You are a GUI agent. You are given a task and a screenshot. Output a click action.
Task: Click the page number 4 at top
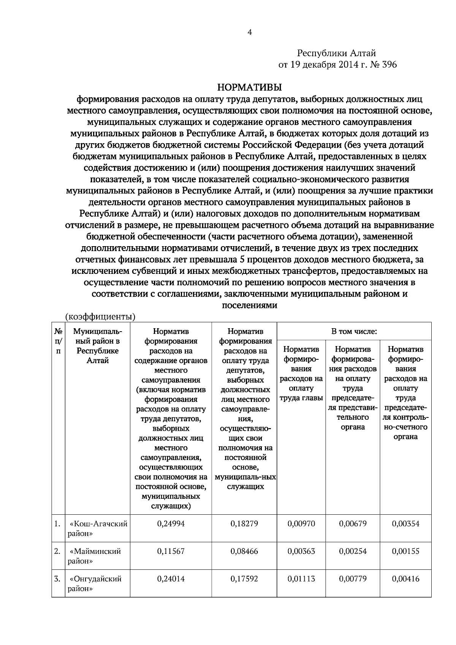(x=249, y=32)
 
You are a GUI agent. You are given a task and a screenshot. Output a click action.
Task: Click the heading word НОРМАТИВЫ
(x=249, y=88)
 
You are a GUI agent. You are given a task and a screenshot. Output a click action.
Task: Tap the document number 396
(x=388, y=65)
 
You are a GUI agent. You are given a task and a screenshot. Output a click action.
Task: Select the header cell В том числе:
(x=354, y=331)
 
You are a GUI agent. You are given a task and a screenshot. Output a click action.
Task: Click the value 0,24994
(x=171, y=523)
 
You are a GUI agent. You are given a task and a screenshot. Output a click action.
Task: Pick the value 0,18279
(x=244, y=523)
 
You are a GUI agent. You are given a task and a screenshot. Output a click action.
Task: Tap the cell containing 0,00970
(x=301, y=523)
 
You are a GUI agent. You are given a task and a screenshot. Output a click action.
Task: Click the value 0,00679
(x=353, y=523)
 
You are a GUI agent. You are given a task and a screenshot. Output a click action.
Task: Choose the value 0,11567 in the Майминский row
(x=171, y=551)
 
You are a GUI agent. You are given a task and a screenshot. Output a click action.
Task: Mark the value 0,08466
(x=244, y=551)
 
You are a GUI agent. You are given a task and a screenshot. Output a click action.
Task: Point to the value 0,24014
(x=171, y=579)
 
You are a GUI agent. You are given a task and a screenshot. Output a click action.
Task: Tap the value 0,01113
(x=301, y=579)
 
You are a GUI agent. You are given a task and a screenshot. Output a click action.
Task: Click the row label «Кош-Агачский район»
(x=97, y=528)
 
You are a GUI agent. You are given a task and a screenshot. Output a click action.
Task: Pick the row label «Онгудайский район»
(x=95, y=583)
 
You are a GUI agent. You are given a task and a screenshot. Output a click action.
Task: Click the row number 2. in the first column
(x=57, y=551)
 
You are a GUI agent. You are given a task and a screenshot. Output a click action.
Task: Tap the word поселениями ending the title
(x=249, y=305)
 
